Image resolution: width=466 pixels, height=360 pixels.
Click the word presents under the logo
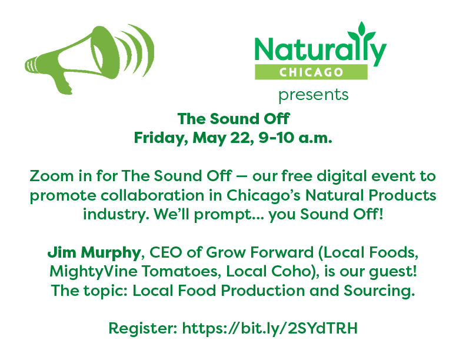313,95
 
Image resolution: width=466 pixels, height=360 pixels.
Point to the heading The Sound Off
234,119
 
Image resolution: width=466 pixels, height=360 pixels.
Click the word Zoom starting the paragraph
48,176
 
